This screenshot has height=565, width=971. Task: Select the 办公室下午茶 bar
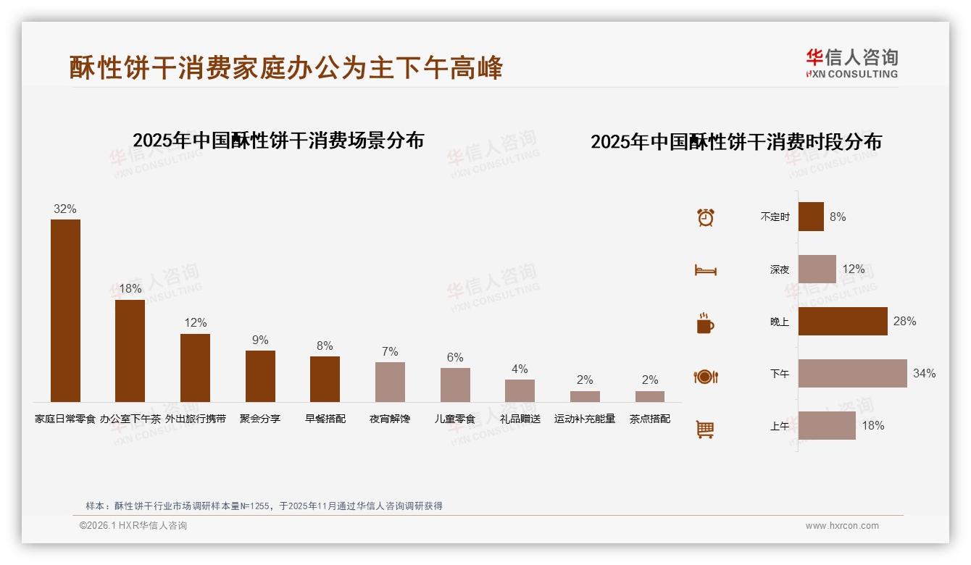point(130,351)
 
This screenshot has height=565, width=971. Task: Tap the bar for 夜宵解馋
point(390,382)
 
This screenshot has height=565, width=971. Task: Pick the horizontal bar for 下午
point(852,374)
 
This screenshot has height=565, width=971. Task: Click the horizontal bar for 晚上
point(843,322)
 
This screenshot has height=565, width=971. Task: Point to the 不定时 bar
point(811,217)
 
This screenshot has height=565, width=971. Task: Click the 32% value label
point(65,209)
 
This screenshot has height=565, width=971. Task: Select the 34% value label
point(924,374)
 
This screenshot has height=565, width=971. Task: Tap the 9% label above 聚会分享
point(260,340)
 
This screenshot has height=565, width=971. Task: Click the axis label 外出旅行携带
point(195,419)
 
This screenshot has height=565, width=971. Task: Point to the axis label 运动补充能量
point(585,419)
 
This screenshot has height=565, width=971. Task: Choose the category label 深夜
point(780,269)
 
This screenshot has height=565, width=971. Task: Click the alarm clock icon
point(706,217)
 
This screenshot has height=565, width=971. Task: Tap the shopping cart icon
point(705,429)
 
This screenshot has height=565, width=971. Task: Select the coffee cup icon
point(705,323)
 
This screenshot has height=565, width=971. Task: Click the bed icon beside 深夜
point(705,270)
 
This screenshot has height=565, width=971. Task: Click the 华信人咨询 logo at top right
point(852,63)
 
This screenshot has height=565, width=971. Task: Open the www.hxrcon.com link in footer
point(842,526)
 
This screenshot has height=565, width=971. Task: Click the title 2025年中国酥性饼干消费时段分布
point(735,142)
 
